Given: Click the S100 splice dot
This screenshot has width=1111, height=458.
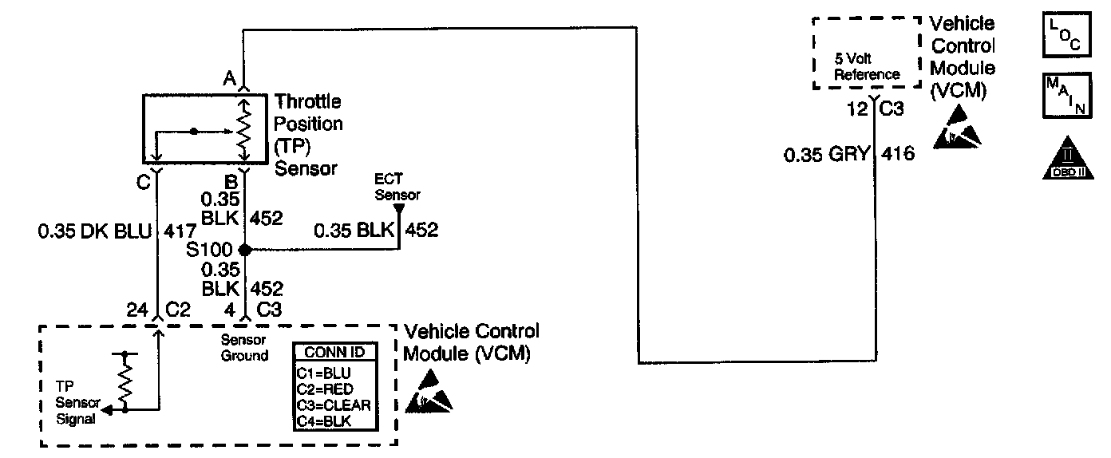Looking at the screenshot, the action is coord(246,249).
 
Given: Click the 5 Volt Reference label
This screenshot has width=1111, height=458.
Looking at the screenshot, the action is coord(867,66).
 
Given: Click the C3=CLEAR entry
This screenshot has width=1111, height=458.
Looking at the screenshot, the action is coord(334,403).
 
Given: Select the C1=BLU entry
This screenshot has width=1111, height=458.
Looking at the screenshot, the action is coord(324,373).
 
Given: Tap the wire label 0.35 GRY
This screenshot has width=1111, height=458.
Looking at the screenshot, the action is coord(825,154).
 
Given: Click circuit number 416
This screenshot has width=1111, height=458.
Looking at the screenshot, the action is coord(898,154).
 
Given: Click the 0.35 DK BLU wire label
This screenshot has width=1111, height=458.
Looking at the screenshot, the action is coord(94,231).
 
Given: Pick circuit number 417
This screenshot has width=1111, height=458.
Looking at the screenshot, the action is coord(180,231).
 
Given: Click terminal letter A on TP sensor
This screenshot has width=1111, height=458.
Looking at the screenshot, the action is coord(229,78).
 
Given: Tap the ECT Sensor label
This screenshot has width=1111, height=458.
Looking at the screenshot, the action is coord(401,188).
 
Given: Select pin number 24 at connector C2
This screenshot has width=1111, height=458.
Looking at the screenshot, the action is coord(138,309).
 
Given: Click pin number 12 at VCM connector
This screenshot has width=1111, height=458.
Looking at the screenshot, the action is coord(857,109).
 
